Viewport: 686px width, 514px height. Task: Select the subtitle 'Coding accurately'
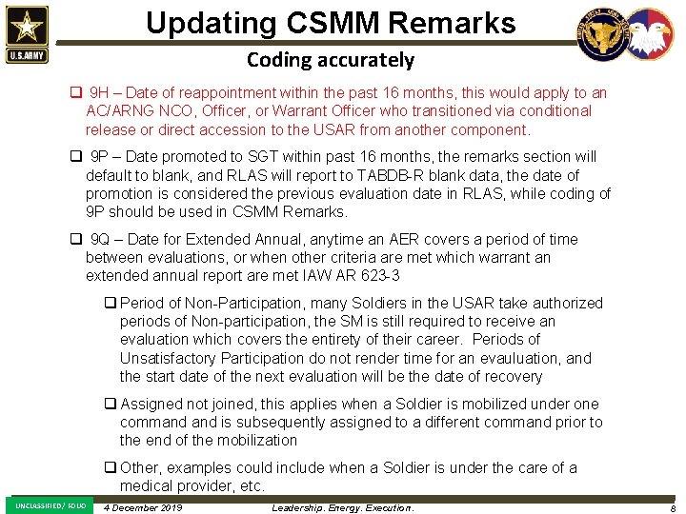point(331,60)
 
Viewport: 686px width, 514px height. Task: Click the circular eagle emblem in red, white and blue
point(650,35)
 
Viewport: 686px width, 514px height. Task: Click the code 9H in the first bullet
point(100,93)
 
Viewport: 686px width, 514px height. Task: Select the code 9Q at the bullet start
point(101,239)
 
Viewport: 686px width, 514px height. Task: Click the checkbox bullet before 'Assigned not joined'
point(111,404)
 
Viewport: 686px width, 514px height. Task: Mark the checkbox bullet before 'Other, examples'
point(111,467)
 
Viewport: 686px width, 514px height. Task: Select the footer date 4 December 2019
point(142,507)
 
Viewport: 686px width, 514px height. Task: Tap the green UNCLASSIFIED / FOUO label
point(50,505)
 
